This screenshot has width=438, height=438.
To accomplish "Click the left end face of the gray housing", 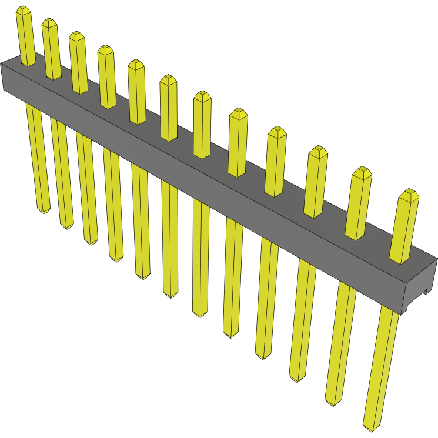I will tap(2, 76).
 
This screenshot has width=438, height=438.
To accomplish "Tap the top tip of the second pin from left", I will tap(49, 22).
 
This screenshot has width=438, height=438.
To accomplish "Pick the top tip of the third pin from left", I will tap(76, 35).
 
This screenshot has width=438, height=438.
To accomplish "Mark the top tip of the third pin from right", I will tap(318, 149).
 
